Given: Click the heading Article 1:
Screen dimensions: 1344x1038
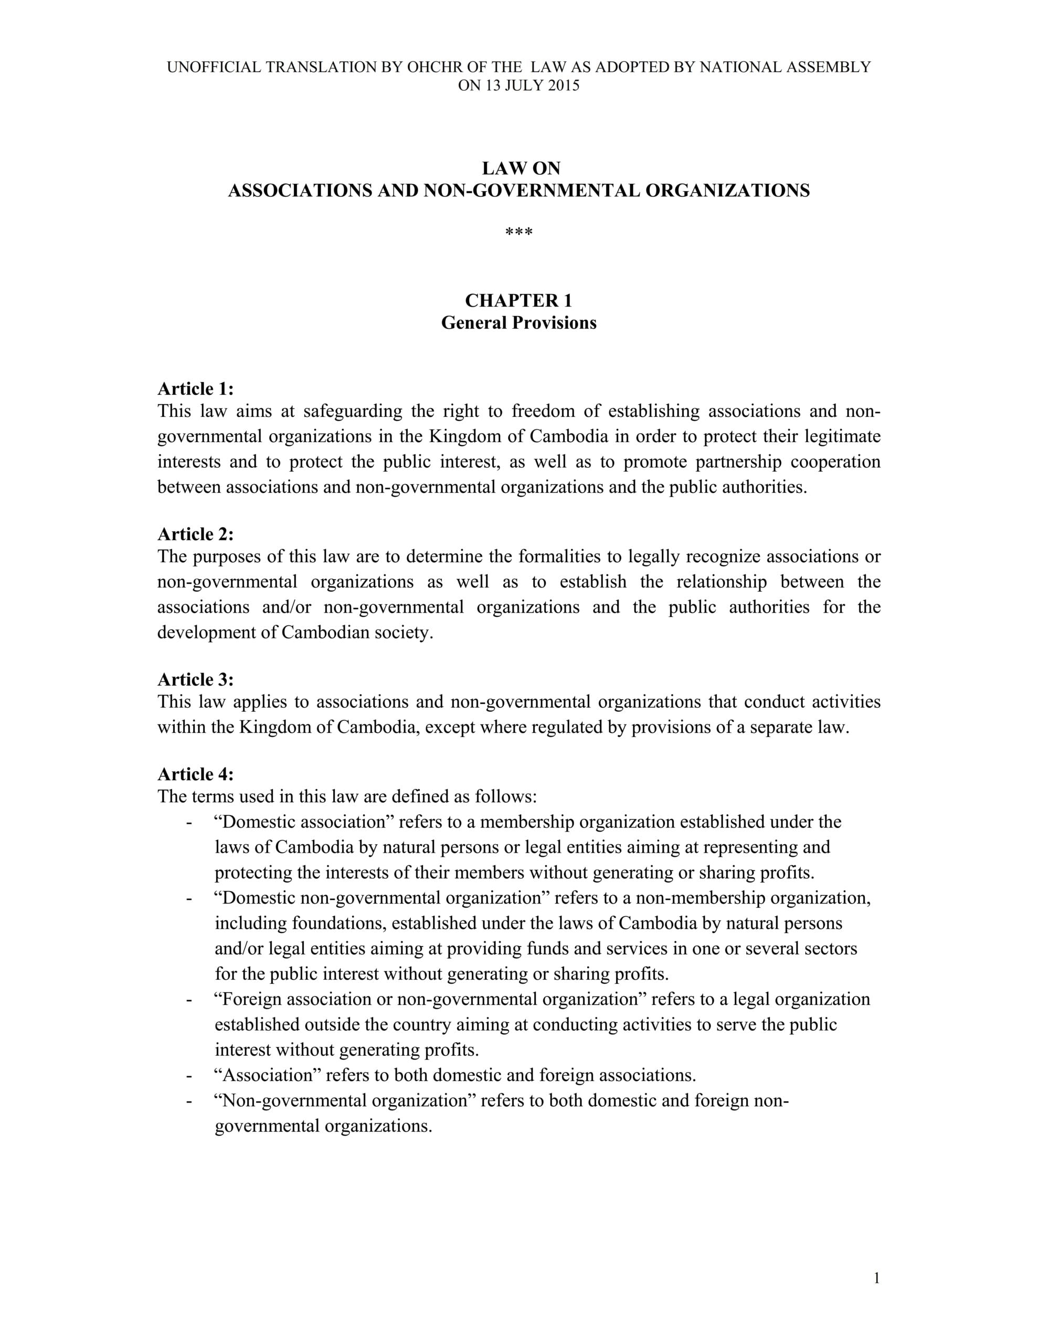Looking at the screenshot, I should (196, 389).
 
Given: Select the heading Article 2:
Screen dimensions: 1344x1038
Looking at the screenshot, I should (196, 534).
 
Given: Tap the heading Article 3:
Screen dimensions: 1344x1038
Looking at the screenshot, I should (196, 679).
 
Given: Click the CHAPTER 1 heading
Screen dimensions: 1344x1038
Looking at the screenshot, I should (518, 300).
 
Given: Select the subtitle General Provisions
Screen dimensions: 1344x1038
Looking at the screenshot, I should (518, 323).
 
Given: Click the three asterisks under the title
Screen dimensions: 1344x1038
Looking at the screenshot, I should (518, 233).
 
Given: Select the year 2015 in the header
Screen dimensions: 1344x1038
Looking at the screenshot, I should (564, 86).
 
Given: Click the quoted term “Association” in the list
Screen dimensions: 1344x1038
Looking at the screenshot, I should (266, 1075).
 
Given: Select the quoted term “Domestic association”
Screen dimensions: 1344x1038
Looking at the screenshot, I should (300, 822).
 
